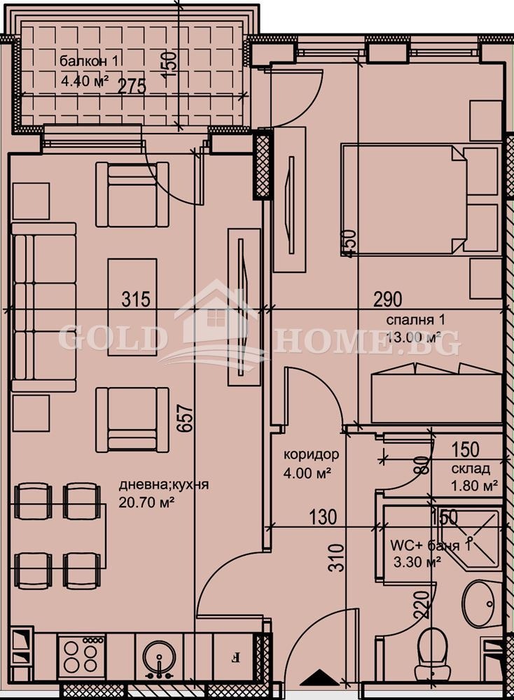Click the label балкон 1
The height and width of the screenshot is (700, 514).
[89, 61]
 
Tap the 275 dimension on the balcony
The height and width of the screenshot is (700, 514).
[132, 86]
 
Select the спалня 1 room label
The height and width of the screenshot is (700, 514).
[415, 320]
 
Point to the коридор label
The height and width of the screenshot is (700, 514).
[311, 454]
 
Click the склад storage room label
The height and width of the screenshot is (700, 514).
[471, 469]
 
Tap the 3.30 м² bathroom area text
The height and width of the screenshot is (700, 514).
[417, 561]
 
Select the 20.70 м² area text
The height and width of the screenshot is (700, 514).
[146, 503]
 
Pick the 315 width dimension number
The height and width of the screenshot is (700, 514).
[137, 299]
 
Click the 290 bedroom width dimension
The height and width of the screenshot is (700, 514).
[388, 299]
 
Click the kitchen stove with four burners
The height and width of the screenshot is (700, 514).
[81, 655]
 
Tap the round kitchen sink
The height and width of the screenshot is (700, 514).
[159, 657]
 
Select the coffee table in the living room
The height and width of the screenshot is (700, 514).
[132, 307]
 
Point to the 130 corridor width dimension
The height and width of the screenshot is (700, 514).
[323, 517]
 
